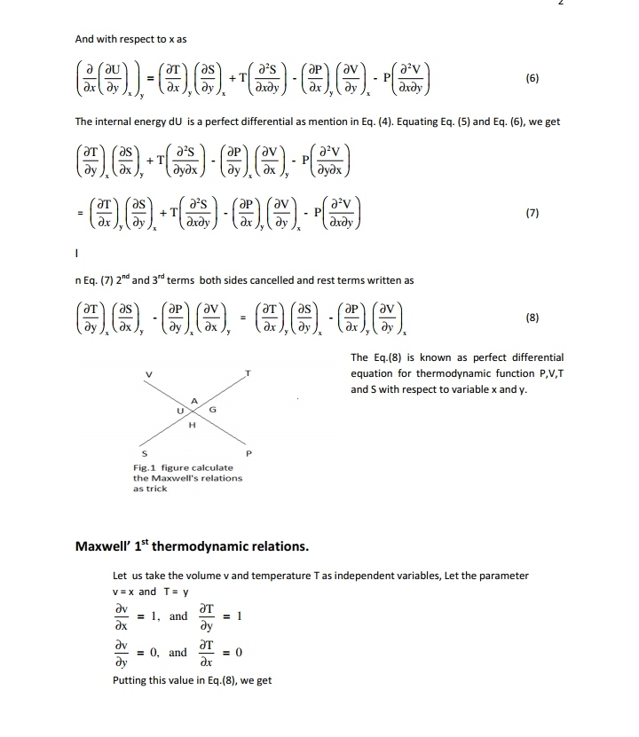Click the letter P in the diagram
pos(249,453)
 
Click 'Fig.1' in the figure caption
pos(143,467)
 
